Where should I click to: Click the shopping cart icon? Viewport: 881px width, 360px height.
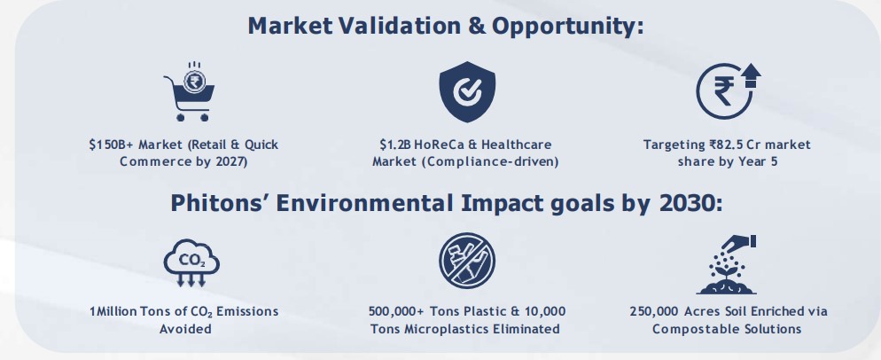click(x=187, y=92)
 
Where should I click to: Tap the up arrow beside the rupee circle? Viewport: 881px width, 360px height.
click(x=751, y=75)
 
